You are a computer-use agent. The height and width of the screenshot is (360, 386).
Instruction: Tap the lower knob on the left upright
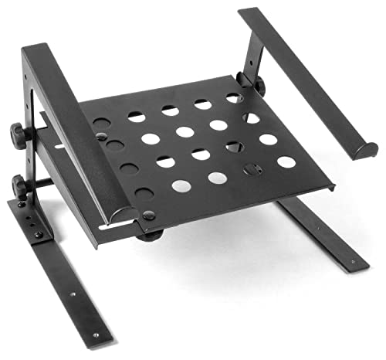[19, 185]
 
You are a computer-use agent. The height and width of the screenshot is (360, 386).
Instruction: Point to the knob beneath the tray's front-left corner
[150, 234]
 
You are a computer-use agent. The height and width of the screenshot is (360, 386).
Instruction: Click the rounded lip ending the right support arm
[364, 151]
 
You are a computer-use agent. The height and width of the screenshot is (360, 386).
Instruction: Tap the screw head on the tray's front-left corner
[146, 215]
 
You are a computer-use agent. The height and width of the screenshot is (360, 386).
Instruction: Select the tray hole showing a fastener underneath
[252, 169]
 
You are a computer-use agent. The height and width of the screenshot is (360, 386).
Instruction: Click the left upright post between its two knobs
[31, 158]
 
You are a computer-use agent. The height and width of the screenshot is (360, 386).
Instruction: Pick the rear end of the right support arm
[251, 13]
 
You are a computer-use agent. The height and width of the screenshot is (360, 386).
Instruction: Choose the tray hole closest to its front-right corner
[286, 162]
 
